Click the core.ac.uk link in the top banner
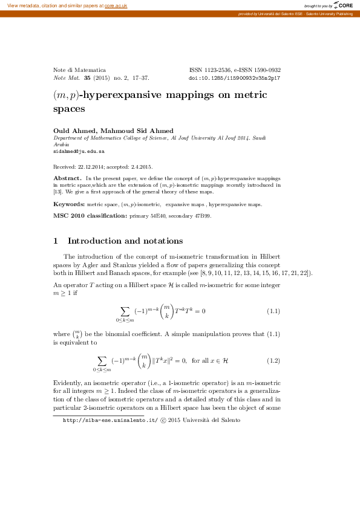115,5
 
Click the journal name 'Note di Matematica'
80,70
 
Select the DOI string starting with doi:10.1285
235,79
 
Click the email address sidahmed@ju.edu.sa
76,152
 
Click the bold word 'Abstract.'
68,178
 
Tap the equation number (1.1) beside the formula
273,311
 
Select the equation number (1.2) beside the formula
273,361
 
